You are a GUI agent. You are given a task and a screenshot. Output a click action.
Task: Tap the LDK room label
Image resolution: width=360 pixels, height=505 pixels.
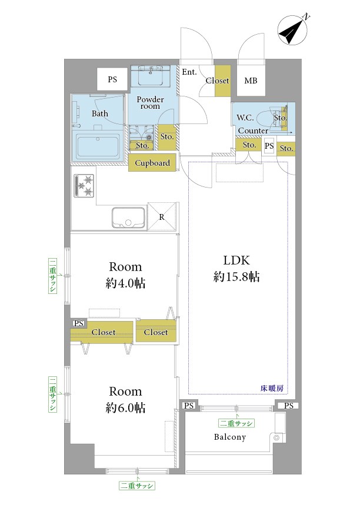pos(236,260)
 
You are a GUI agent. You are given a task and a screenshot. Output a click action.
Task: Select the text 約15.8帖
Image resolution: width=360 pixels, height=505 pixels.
pos(236,277)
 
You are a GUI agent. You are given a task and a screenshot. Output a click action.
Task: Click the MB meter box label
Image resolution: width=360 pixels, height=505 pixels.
pos(251,81)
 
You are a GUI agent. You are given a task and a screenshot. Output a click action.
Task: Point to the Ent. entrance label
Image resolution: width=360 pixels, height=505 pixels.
pos(189,72)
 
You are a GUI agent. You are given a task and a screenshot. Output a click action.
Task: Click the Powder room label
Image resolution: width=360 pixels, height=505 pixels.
pos(150,103)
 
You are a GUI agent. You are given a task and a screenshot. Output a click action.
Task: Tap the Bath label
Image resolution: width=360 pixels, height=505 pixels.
pos(100,113)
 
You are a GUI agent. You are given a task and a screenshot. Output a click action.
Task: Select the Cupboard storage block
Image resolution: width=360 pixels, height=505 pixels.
pos(152,163)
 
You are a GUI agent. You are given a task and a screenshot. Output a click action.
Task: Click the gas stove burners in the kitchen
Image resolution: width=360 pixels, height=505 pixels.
pos(84,186)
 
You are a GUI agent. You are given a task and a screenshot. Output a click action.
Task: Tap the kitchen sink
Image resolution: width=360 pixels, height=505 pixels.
pos(128,218)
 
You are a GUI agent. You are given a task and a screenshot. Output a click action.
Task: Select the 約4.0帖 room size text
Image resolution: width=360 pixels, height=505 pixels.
pos(125,283)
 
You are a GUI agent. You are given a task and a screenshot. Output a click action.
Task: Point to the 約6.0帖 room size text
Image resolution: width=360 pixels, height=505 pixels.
pos(125,408)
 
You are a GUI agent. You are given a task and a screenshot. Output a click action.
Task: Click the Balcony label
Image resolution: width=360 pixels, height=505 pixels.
pos(230,437)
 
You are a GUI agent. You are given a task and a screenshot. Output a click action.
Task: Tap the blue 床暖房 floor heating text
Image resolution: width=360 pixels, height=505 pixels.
pos(272,388)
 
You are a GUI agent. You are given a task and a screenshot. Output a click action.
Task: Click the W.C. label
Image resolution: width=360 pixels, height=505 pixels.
pos(245,118)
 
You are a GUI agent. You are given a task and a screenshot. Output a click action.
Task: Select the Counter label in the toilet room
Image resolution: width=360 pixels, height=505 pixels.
pos(253,131)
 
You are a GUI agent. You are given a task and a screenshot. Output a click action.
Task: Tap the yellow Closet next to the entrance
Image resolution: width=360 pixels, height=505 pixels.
pos(223,81)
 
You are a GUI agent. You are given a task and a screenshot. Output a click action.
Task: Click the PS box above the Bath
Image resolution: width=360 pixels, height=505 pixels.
pos(112,79)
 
